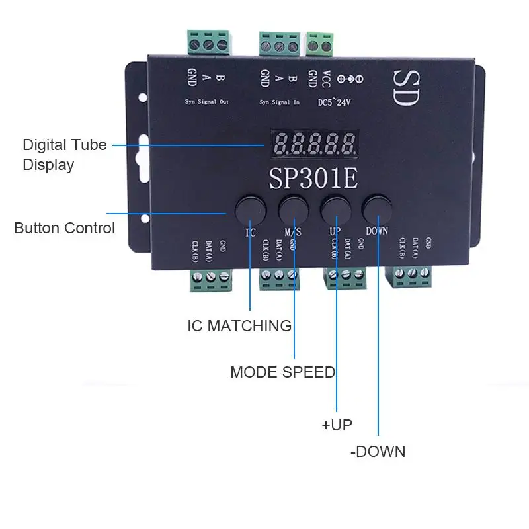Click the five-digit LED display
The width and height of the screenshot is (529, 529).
[x=313, y=142]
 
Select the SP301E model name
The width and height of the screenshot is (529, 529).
[x=313, y=177]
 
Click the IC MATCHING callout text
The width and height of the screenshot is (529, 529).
[x=239, y=325]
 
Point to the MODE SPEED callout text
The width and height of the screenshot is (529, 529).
[x=282, y=372]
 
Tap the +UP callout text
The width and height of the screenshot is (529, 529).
[x=337, y=425]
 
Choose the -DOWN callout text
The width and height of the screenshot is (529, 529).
[x=378, y=452]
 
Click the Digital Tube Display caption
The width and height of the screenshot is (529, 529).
[x=64, y=154]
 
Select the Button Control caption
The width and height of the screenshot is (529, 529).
[x=64, y=228]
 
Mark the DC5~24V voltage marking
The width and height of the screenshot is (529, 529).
[x=337, y=102]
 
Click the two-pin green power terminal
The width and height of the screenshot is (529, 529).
[x=321, y=45]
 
